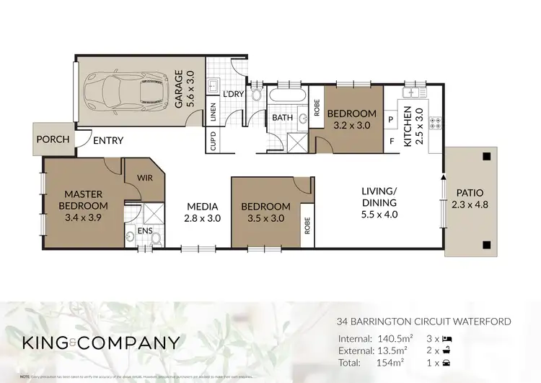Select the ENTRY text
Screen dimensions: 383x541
(108, 141)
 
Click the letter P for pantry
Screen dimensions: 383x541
(392, 119)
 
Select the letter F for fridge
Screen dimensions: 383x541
(392, 142)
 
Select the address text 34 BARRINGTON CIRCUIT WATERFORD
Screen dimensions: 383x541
(424, 320)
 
